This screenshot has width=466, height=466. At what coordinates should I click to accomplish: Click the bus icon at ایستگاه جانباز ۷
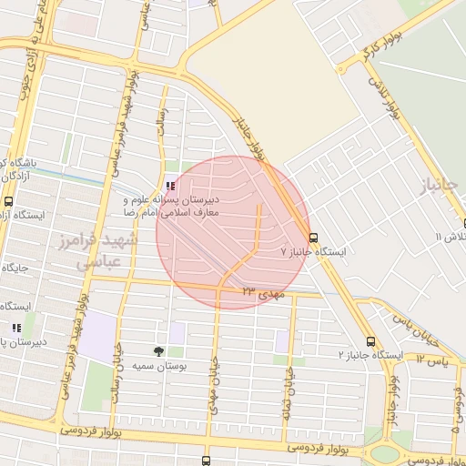point(314,238)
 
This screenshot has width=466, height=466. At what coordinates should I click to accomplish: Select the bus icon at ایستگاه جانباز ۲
point(369,340)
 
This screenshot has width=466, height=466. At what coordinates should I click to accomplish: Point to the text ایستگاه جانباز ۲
point(370,352)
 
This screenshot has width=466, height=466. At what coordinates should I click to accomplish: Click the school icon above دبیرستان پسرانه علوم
point(171,186)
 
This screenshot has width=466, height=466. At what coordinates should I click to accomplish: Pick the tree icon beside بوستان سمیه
point(159,351)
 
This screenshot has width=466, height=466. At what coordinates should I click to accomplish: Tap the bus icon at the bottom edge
point(206,461)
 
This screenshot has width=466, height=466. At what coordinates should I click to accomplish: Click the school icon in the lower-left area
point(15,328)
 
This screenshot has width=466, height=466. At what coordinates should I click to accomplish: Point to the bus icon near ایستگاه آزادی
point(8,201)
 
